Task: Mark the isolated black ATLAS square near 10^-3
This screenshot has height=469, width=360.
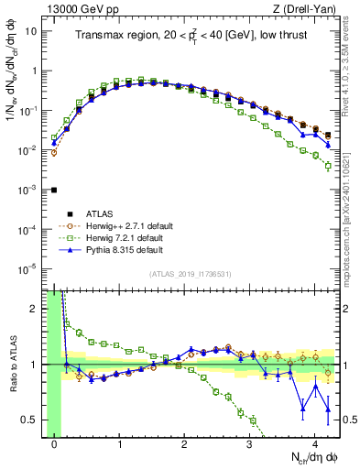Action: point(54,190)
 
